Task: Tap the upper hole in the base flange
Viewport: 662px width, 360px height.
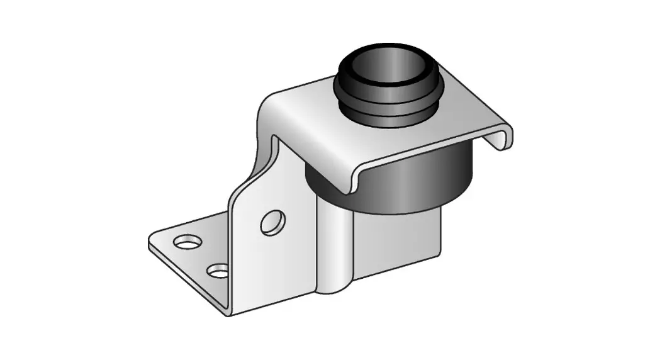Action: [x=186, y=241]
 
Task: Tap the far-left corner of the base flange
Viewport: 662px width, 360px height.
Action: [x=151, y=242]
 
